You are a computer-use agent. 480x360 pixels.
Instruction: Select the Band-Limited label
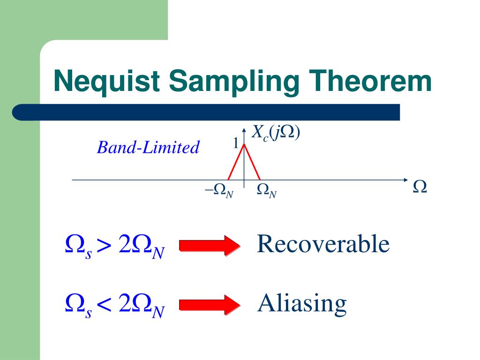click(x=148, y=148)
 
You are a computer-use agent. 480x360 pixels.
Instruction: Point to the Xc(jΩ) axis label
click(x=276, y=133)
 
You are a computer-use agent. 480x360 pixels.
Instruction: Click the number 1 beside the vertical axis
click(x=236, y=143)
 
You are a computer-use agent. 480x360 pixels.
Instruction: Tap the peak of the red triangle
click(x=244, y=144)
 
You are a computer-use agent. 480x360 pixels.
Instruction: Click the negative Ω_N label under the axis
click(x=219, y=190)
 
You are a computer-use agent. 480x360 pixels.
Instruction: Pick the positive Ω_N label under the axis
click(x=267, y=190)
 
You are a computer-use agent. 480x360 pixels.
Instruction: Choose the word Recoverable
click(x=323, y=244)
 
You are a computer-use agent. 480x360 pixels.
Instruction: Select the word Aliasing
click(x=302, y=304)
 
